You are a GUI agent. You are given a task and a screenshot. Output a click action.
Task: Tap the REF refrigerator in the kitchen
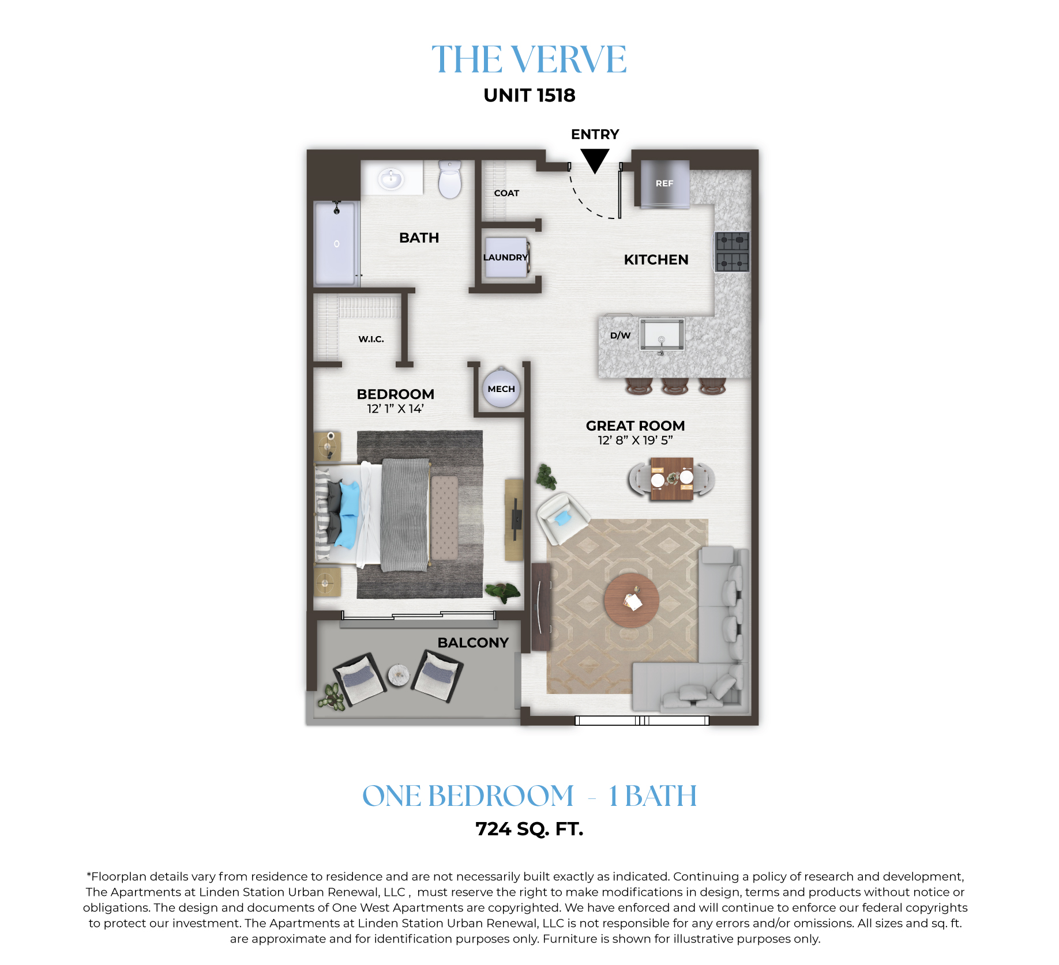click(x=664, y=183)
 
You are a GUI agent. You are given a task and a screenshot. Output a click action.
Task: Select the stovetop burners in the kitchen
click(x=732, y=251)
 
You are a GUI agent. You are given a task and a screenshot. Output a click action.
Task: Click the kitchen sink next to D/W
click(x=662, y=334)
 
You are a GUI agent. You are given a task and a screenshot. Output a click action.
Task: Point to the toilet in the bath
click(x=450, y=179)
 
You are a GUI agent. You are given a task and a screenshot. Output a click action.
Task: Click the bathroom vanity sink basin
click(x=390, y=178)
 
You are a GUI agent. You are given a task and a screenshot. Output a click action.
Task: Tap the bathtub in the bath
click(x=336, y=243)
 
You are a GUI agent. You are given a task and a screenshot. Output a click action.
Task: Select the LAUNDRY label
click(x=505, y=258)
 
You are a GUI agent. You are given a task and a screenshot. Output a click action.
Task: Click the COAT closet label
click(x=506, y=193)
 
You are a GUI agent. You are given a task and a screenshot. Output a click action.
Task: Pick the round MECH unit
click(x=501, y=389)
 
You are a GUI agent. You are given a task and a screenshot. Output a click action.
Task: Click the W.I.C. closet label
click(x=371, y=339)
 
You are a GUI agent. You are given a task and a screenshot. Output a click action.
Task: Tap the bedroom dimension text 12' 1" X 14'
click(x=395, y=409)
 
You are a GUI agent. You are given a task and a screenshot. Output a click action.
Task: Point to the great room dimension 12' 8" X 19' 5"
click(x=635, y=440)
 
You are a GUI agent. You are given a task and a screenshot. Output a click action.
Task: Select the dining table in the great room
click(x=672, y=479)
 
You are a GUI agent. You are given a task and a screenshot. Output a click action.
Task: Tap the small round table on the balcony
click(x=399, y=675)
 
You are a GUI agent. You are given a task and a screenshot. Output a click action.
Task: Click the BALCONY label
click(x=473, y=643)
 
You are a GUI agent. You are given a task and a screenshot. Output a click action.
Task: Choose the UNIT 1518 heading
click(x=529, y=95)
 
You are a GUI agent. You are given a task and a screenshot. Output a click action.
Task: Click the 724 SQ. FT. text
click(x=529, y=829)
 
